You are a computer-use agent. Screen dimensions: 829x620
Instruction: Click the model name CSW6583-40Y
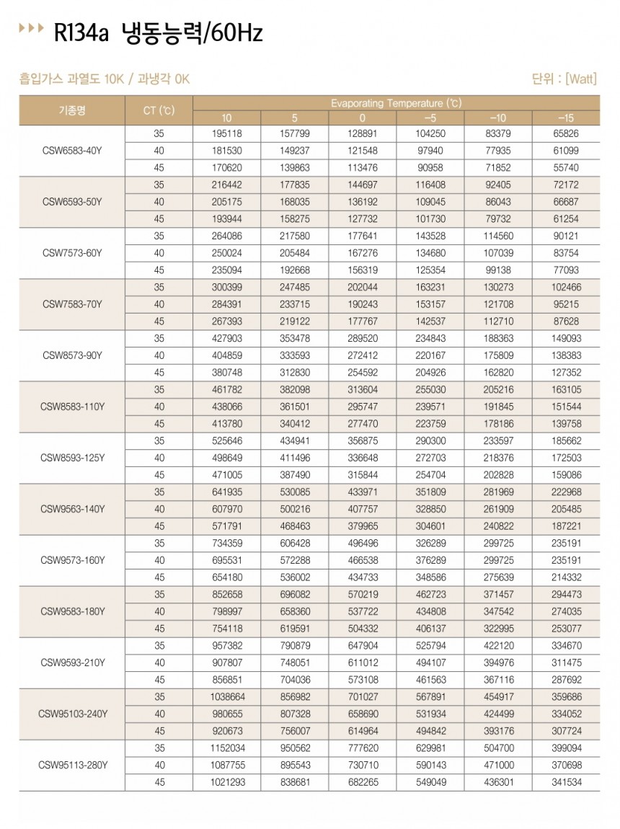coord(71,151)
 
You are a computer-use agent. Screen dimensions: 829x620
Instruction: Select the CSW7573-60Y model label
coord(71,253)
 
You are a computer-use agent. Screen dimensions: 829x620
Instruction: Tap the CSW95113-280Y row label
coord(73,764)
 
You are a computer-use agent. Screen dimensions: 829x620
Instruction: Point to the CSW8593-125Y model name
coord(73,458)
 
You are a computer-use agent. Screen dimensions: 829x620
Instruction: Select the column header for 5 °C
coord(294,118)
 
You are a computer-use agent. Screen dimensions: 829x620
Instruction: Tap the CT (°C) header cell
coord(159,110)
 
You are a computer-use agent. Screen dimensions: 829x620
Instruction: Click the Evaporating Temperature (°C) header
coord(396,102)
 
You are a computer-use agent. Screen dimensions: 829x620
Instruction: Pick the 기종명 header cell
coord(71,110)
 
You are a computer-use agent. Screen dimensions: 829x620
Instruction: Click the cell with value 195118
coord(226,134)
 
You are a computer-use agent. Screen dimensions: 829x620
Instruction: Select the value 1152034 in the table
coord(226,748)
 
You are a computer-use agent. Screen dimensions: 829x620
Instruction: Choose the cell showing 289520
coord(362,338)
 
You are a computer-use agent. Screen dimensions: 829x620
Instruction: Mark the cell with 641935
coord(226,492)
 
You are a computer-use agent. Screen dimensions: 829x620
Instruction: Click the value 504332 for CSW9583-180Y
coord(362,628)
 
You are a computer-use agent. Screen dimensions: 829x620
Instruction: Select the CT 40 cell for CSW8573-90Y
coord(159,355)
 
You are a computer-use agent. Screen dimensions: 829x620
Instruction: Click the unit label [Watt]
coord(581,79)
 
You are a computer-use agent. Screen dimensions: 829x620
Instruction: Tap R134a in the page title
coord(81,33)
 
